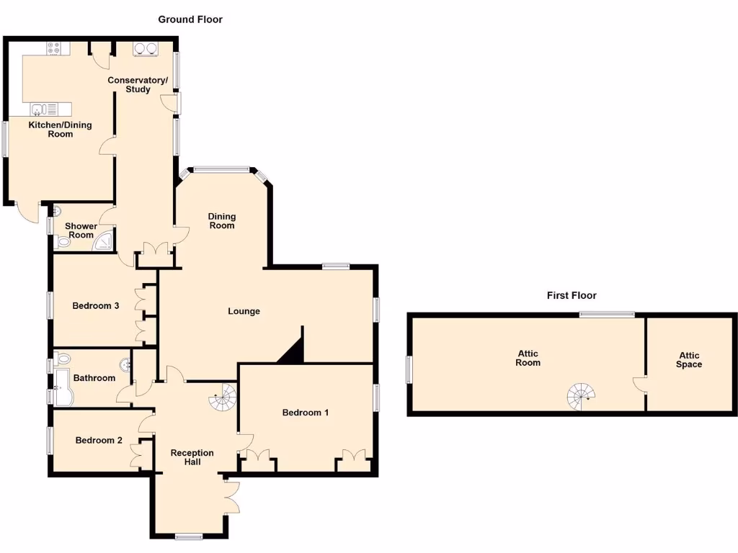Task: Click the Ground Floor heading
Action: [190, 19]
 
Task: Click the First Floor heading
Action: [572, 295]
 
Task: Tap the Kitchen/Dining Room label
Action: [60, 130]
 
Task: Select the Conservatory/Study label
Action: [138, 84]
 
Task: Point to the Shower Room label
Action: [81, 230]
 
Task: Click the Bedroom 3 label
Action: [96, 305]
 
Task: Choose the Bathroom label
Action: [95, 378]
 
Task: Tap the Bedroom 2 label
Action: [99, 440]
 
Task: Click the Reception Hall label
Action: [192, 457]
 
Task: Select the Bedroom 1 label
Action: [306, 413]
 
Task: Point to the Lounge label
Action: [244, 311]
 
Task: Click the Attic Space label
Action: [688, 360]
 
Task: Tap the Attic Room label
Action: [528, 358]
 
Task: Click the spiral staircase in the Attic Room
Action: [582, 395]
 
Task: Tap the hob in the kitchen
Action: [55, 48]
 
